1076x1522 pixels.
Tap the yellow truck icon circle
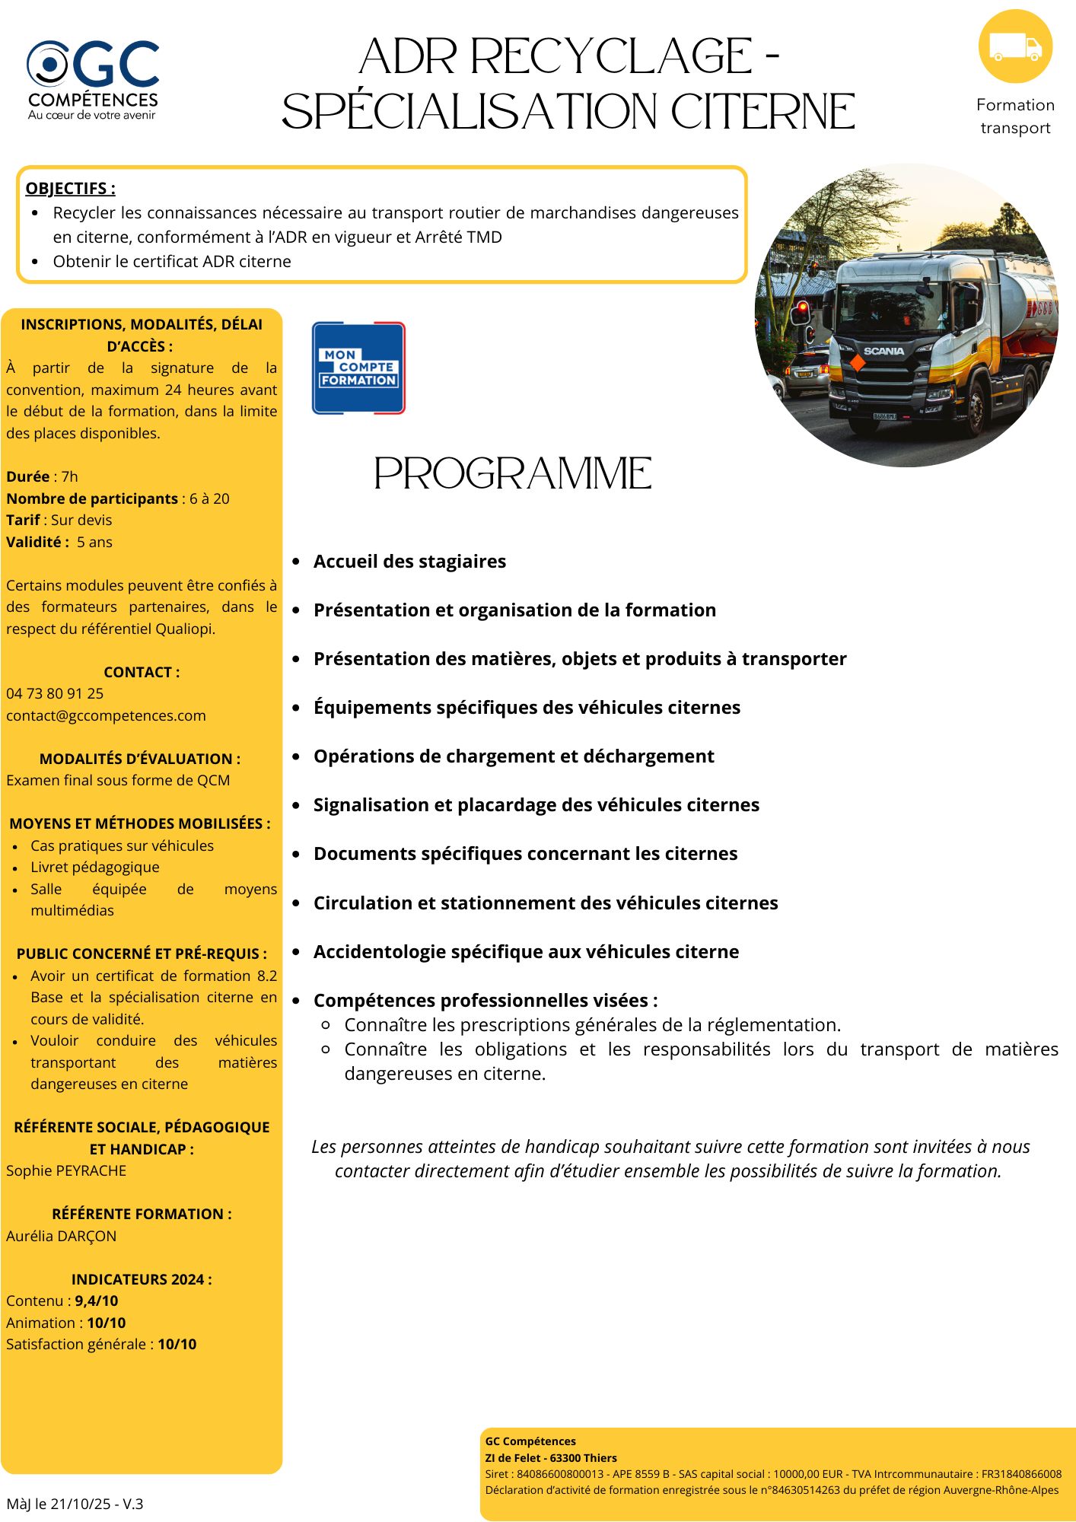point(1015,46)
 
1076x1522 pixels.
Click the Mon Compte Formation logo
point(358,368)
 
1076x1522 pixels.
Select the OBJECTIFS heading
point(70,188)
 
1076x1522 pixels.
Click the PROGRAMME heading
point(512,473)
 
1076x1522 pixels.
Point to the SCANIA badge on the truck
point(883,352)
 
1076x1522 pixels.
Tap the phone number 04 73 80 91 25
point(55,693)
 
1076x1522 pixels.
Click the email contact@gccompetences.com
point(106,715)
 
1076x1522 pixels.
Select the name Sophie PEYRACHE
point(66,1170)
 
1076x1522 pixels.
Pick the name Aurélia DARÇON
point(62,1236)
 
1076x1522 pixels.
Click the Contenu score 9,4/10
point(96,1301)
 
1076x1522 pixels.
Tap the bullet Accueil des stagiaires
point(409,562)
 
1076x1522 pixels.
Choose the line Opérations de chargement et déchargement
point(514,756)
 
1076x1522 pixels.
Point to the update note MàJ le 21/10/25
point(75,1504)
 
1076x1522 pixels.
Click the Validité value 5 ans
point(94,542)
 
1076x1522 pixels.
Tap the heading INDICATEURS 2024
point(142,1279)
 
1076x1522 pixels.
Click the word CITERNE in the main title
point(762,112)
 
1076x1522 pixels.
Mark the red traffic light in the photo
point(802,307)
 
